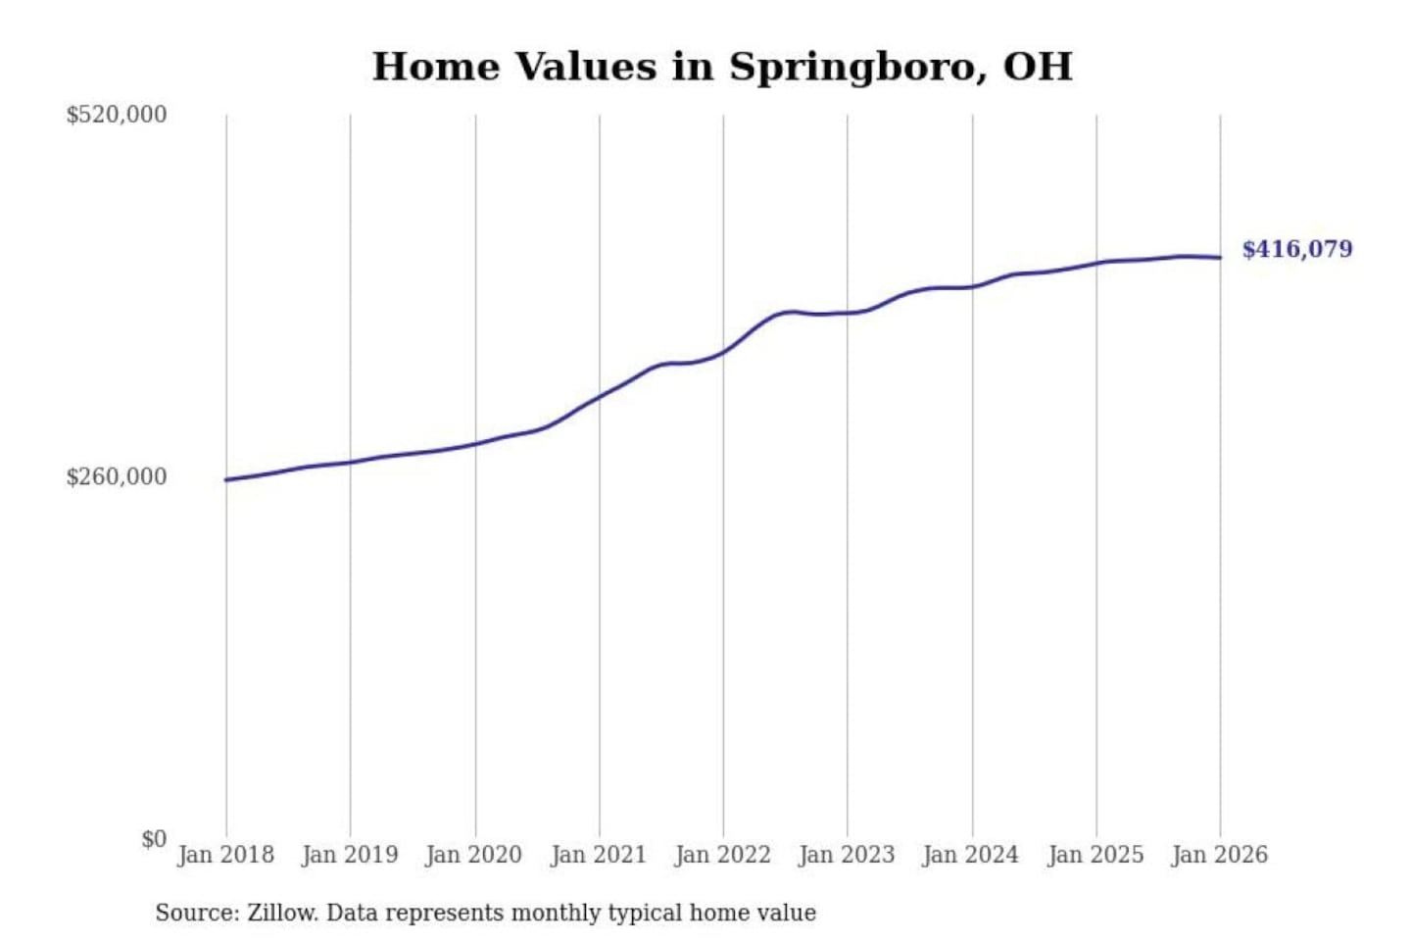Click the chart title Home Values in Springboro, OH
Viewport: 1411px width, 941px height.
(722, 67)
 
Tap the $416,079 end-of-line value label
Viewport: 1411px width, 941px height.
(1296, 249)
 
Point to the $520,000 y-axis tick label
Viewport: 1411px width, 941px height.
(116, 115)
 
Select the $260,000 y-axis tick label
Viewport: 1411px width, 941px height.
(116, 477)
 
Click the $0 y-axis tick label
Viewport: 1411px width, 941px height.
(153, 839)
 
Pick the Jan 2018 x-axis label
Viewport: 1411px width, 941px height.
(225, 855)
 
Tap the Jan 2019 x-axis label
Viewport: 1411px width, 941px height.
(350, 855)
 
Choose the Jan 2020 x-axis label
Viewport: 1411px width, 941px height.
(474, 855)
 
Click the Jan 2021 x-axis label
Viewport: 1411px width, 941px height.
(599, 855)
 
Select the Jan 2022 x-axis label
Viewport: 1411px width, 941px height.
(723, 855)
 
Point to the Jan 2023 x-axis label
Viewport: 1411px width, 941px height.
(847, 855)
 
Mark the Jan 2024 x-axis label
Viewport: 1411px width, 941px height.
(971, 855)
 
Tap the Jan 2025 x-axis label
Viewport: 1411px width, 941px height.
(1095, 855)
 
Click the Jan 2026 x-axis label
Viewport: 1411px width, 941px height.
(1220, 855)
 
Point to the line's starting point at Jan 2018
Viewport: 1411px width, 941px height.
(226, 479)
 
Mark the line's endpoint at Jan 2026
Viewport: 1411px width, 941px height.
(1220, 258)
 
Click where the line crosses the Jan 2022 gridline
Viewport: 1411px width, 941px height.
(724, 351)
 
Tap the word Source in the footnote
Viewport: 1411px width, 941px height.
(196, 913)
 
